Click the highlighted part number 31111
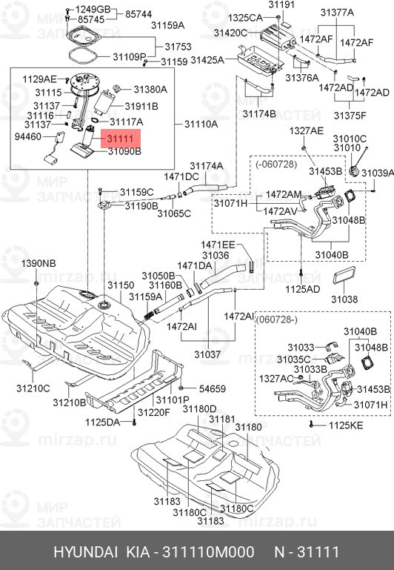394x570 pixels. (120, 139)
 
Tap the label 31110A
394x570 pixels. (201, 125)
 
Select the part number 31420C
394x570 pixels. (230, 33)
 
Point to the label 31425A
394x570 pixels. (207, 60)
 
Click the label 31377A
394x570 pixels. (337, 13)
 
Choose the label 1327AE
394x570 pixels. (306, 131)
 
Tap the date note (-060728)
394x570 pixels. (276, 165)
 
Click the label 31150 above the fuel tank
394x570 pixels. (121, 285)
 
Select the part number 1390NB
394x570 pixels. (38, 264)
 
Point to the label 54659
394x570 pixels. (212, 389)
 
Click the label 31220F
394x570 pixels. (153, 413)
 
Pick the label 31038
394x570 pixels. (344, 299)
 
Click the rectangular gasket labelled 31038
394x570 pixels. (344, 276)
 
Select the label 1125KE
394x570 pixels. (346, 425)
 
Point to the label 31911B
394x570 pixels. (141, 107)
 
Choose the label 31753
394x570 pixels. (178, 47)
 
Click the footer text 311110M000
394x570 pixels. (208, 552)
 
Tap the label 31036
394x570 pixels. (216, 256)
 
